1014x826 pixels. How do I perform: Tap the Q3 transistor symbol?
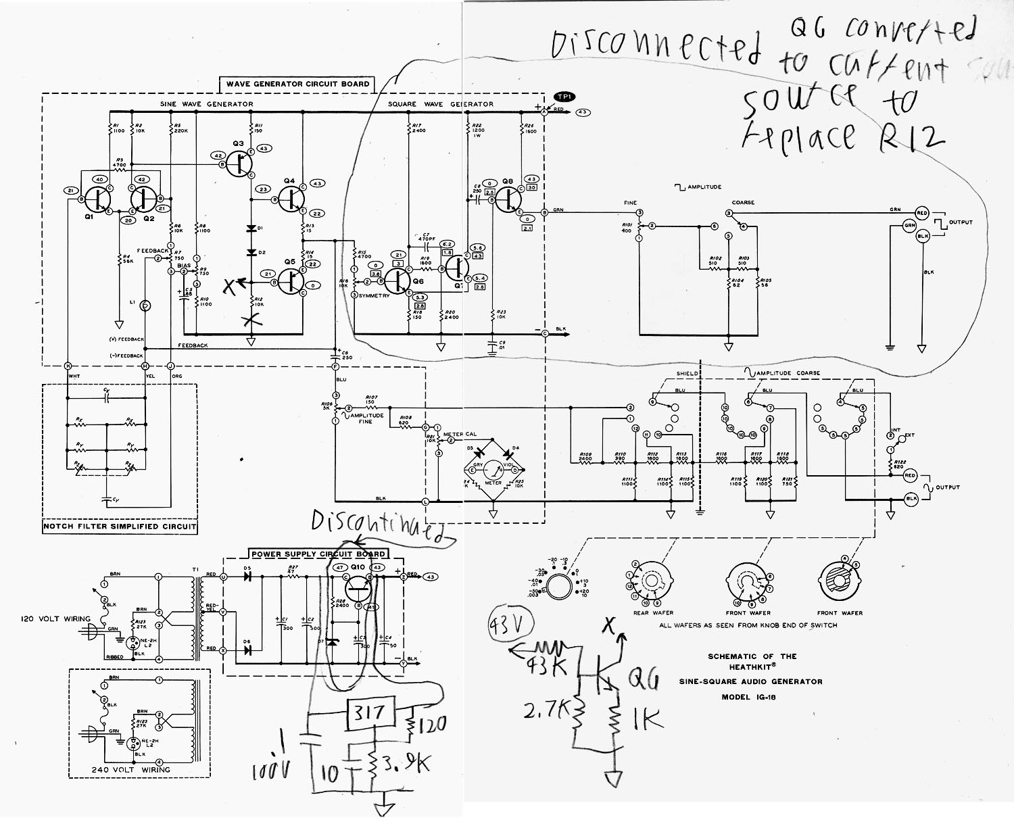coord(239,163)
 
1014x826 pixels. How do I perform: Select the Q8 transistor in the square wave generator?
coord(508,199)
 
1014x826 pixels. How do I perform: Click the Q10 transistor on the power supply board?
coord(358,589)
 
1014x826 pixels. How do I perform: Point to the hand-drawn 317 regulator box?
coord(370,712)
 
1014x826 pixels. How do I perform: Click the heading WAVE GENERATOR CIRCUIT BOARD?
coord(297,84)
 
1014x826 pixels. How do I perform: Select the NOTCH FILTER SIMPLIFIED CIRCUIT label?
coord(120,526)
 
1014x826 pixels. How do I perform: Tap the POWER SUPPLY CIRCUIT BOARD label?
coord(318,554)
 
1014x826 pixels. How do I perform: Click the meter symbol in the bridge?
coord(493,469)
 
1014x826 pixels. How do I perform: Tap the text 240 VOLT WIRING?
coord(131,769)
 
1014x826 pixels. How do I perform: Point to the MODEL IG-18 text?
coord(748,697)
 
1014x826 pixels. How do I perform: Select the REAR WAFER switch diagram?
coord(652,581)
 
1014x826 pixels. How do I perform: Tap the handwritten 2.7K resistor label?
coord(546,710)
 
